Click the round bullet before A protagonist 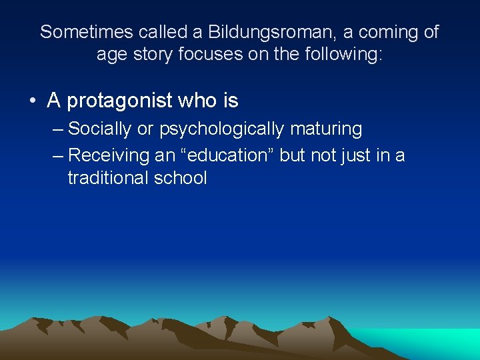click(32, 101)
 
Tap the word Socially click(99, 129)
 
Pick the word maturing click(326, 129)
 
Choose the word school click(179, 178)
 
